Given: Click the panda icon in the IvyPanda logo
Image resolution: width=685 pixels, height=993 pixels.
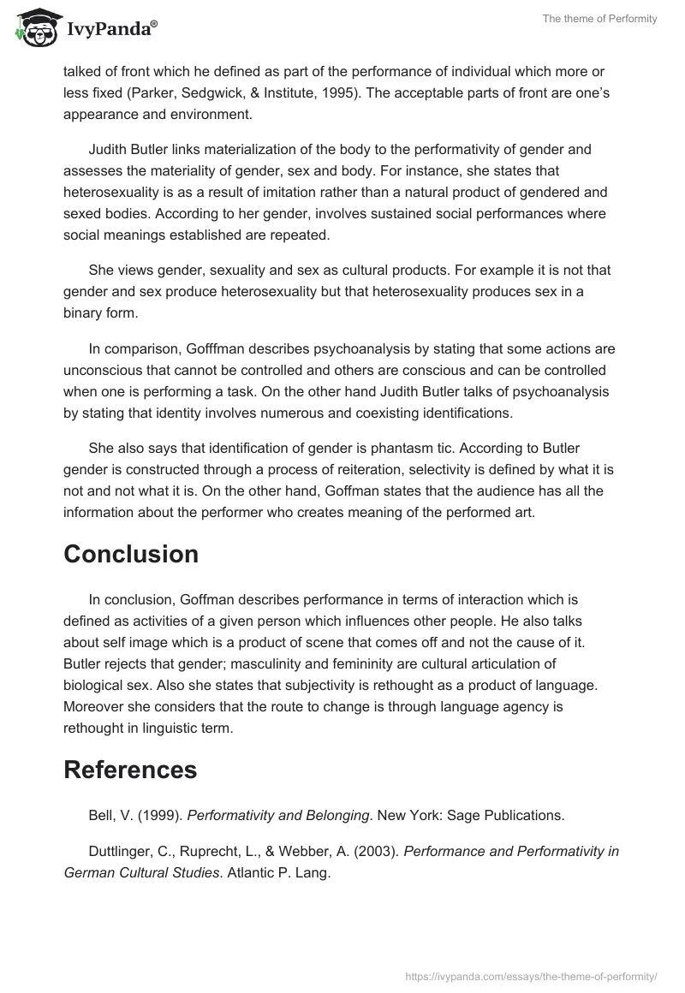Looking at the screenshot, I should [32, 29].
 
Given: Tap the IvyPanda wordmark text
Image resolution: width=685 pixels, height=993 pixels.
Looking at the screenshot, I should [110, 31].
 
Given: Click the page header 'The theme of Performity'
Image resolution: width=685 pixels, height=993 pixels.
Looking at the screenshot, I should [599, 19].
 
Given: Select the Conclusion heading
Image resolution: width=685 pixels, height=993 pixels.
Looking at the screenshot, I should [131, 554].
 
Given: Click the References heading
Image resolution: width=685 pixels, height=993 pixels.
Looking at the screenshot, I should [130, 746].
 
